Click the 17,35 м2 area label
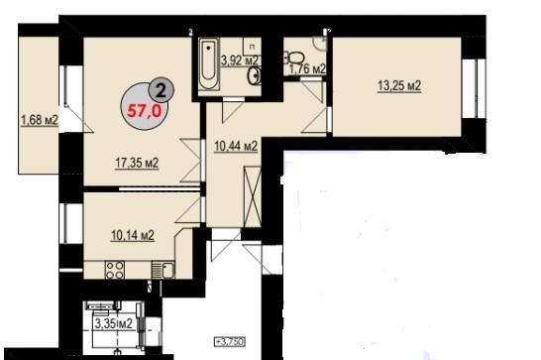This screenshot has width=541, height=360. (x=137, y=163)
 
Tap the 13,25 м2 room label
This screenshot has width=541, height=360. (x=399, y=85)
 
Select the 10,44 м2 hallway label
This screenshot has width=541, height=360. (x=236, y=146)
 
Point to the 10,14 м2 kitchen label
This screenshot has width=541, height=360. (x=133, y=236)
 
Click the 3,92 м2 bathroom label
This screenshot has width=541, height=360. (x=240, y=60)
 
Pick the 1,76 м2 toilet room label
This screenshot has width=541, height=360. (x=307, y=68)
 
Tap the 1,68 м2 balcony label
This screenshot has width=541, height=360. (x=40, y=120)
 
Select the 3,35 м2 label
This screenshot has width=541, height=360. (x=114, y=323)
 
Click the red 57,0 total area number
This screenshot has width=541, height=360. (x=145, y=111)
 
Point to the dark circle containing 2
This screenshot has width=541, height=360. (x=161, y=90)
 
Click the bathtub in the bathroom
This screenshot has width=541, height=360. (x=209, y=63)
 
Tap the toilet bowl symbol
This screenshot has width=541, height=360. (x=293, y=58)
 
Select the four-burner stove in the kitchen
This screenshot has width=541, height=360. (x=115, y=270)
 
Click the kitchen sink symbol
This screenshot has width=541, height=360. (x=162, y=270)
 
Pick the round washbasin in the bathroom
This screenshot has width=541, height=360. (x=255, y=75)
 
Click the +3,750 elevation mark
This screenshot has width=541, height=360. (x=230, y=342)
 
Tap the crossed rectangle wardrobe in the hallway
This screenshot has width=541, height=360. (x=253, y=196)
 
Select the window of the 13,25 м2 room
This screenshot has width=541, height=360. (x=474, y=89)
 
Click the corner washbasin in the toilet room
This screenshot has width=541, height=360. (x=320, y=44)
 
